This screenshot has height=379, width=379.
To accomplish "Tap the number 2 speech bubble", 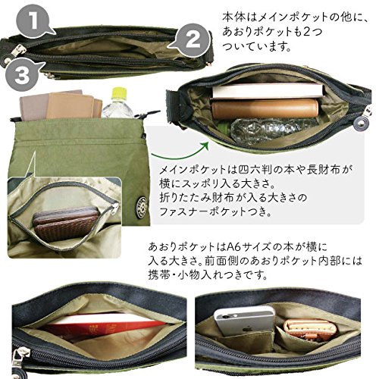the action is [192, 39].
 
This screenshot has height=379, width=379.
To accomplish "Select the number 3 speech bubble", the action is [21, 74].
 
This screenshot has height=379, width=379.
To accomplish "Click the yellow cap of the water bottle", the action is [119, 93].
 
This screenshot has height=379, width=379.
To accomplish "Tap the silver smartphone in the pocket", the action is [245, 321].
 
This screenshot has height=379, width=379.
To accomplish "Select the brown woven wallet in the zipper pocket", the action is [66, 222].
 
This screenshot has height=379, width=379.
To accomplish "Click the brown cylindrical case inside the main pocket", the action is [265, 108].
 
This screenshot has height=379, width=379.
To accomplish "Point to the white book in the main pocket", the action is [268, 91].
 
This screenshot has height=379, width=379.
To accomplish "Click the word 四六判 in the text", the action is [255, 171].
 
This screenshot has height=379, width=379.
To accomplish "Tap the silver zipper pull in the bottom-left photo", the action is [22, 355].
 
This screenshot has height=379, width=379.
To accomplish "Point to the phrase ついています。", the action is [257, 46].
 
